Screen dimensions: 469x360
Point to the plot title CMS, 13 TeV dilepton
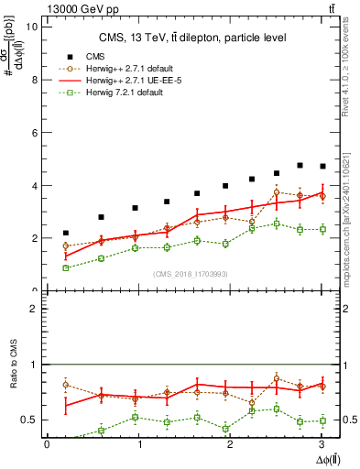192,38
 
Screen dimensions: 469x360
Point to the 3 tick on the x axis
322,444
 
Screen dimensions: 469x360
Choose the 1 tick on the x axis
138,444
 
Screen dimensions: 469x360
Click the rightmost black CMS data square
322,166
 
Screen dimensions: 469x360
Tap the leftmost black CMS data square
65,233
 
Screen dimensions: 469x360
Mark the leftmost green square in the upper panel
65,267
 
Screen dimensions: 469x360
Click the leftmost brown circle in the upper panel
65,245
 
